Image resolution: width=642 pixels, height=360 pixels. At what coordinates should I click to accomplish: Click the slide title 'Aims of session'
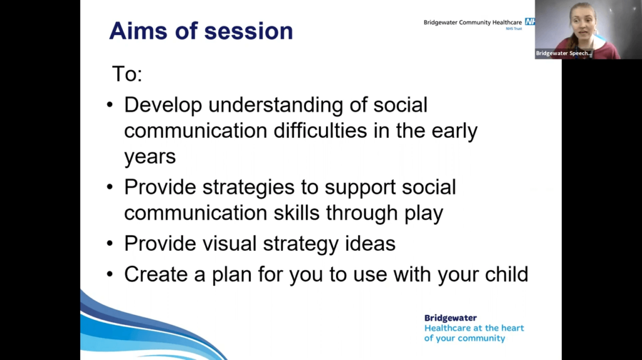click(201, 31)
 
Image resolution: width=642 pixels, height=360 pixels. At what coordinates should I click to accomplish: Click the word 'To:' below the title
click(127, 74)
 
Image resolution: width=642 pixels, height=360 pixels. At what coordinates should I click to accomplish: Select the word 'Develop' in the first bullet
click(163, 105)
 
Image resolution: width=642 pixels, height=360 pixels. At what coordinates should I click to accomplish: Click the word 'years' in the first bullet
click(150, 157)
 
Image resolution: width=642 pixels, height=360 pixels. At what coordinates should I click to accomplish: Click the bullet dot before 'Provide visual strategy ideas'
click(110, 243)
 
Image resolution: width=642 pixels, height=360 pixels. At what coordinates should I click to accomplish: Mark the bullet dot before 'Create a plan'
click(110, 275)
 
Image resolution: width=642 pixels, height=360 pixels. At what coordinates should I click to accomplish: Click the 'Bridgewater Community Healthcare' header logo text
click(472, 23)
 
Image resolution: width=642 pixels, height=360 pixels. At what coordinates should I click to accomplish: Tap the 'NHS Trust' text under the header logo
click(513, 29)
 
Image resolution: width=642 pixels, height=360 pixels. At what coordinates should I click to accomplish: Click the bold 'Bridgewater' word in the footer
click(450, 318)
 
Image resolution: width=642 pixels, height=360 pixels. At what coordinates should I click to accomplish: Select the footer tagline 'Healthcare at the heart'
click(474, 328)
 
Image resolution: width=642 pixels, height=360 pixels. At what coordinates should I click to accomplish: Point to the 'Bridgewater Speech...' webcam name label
click(564, 54)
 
